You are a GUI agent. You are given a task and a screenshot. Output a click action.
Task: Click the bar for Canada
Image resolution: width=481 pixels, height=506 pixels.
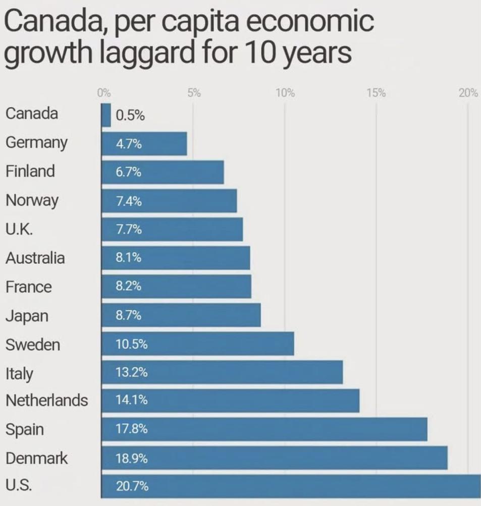(x=106, y=115)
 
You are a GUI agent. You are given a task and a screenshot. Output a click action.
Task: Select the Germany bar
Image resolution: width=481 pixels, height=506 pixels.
(x=144, y=144)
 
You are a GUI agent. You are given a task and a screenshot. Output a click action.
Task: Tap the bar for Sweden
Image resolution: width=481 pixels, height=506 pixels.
(x=197, y=345)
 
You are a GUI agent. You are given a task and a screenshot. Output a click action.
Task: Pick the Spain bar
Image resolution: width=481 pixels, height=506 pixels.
(x=264, y=429)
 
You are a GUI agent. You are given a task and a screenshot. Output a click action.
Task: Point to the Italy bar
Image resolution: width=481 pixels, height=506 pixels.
(x=222, y=373)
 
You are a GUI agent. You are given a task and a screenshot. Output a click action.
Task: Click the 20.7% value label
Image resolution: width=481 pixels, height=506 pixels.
(x=132, y=487)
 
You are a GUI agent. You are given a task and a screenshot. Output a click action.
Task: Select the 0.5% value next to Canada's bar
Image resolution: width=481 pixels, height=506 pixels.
(x=130, y=116)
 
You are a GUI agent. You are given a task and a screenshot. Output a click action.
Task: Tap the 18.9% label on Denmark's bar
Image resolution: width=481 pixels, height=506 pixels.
(x=132, y=459)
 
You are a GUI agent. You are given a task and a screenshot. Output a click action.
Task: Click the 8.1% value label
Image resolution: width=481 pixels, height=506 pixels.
(x=128, y=258)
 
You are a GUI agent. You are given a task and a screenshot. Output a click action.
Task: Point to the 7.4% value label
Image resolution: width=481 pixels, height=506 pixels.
(x=128, y=201)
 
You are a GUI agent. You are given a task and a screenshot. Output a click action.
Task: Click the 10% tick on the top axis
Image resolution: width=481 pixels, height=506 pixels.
(x=285, y=93)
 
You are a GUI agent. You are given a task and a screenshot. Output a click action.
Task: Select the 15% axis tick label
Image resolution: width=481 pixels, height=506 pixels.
(x=376, y=93)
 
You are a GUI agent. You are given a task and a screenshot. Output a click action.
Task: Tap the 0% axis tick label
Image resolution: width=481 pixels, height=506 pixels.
(x=103, y=93)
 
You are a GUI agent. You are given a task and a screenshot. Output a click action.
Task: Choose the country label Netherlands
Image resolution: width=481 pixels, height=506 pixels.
(x=46, y=401)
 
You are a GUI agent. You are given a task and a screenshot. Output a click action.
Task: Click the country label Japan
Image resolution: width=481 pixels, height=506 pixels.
(x=27, y=316)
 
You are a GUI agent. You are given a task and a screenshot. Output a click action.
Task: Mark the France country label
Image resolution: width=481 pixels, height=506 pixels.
(x=29, y=287)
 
